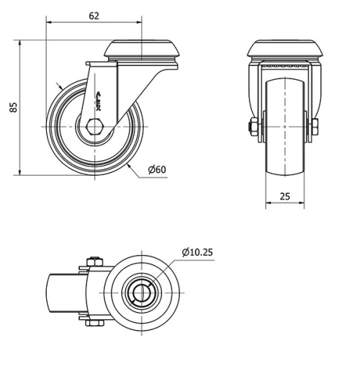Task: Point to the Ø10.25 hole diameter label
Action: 198,252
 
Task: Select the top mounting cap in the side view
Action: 143,50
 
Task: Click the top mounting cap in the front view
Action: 284,50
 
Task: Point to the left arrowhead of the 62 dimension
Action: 50,22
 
